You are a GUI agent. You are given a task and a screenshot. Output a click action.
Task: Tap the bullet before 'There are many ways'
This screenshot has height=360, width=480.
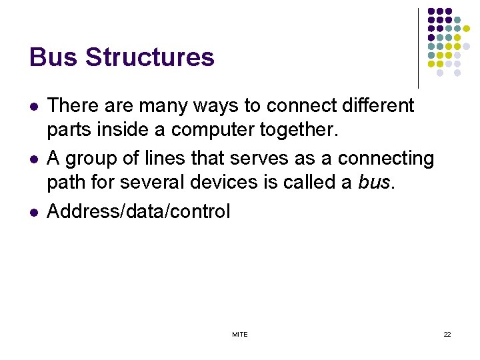(33, 106)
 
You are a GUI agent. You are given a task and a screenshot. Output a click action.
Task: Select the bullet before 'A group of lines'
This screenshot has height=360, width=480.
(33, 159)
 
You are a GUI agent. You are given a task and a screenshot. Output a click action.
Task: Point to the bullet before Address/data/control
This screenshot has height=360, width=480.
(33, 213)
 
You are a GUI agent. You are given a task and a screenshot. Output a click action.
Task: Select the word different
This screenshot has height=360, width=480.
(375, 105)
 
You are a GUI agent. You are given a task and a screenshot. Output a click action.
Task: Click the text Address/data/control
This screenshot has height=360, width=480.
(139, 212)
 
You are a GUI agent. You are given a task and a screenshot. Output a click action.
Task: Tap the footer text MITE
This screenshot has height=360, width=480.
(240, 334)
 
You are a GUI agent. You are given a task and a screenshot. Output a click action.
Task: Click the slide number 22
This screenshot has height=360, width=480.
(447, 334)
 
